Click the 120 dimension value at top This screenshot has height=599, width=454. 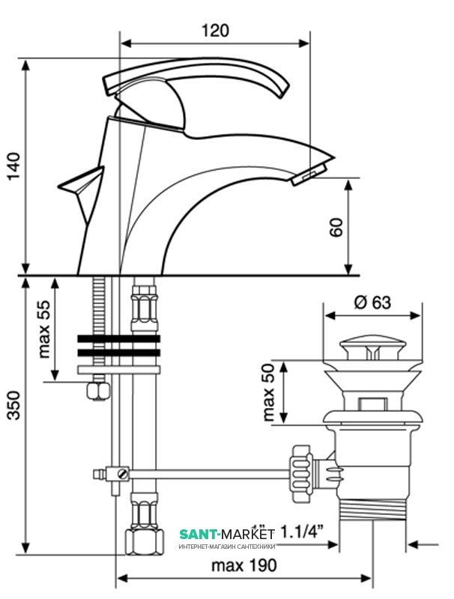coord(214,31)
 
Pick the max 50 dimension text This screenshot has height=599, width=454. coord(268,393)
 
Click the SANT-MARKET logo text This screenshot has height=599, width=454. coord(227,534)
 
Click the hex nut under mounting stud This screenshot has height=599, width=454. coord(97,390)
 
